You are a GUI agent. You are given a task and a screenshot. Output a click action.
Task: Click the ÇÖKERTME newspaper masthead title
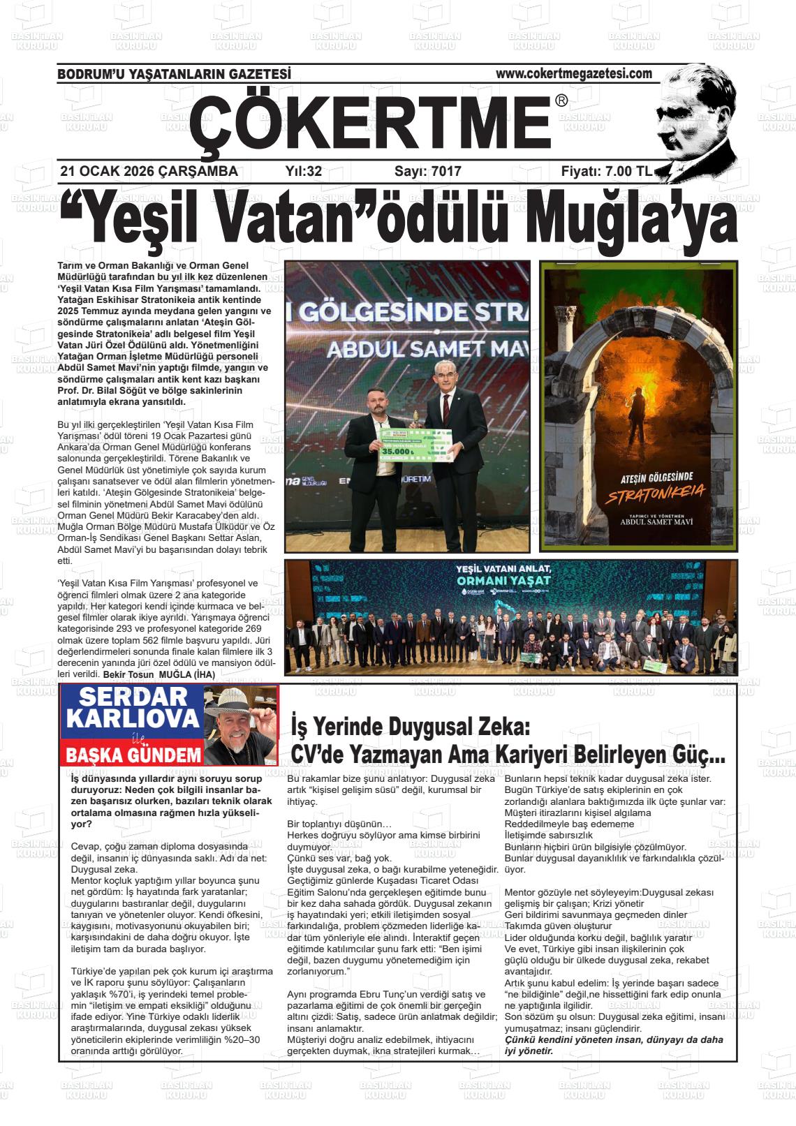(x=370, y=121)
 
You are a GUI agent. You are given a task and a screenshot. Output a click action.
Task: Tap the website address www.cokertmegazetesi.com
(x=574, y=73)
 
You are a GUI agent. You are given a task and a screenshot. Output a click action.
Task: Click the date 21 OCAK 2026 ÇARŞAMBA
(x=149, y=171)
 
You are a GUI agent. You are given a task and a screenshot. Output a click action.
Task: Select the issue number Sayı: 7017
(x=427, y=171)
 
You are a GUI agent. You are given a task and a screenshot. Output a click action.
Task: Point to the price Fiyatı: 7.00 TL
(x=606, y=171)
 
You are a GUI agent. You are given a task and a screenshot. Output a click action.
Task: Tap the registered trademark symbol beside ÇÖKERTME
(x=561, y=101)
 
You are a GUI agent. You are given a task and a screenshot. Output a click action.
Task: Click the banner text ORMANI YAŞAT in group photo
(x=503, y=580)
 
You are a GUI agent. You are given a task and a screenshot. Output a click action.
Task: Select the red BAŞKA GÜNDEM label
(x=133, y=755)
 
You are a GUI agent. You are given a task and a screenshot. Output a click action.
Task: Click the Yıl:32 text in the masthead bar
(x=304, y=171)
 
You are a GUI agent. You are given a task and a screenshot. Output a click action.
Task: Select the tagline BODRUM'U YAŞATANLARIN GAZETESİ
(x=174, y=74)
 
